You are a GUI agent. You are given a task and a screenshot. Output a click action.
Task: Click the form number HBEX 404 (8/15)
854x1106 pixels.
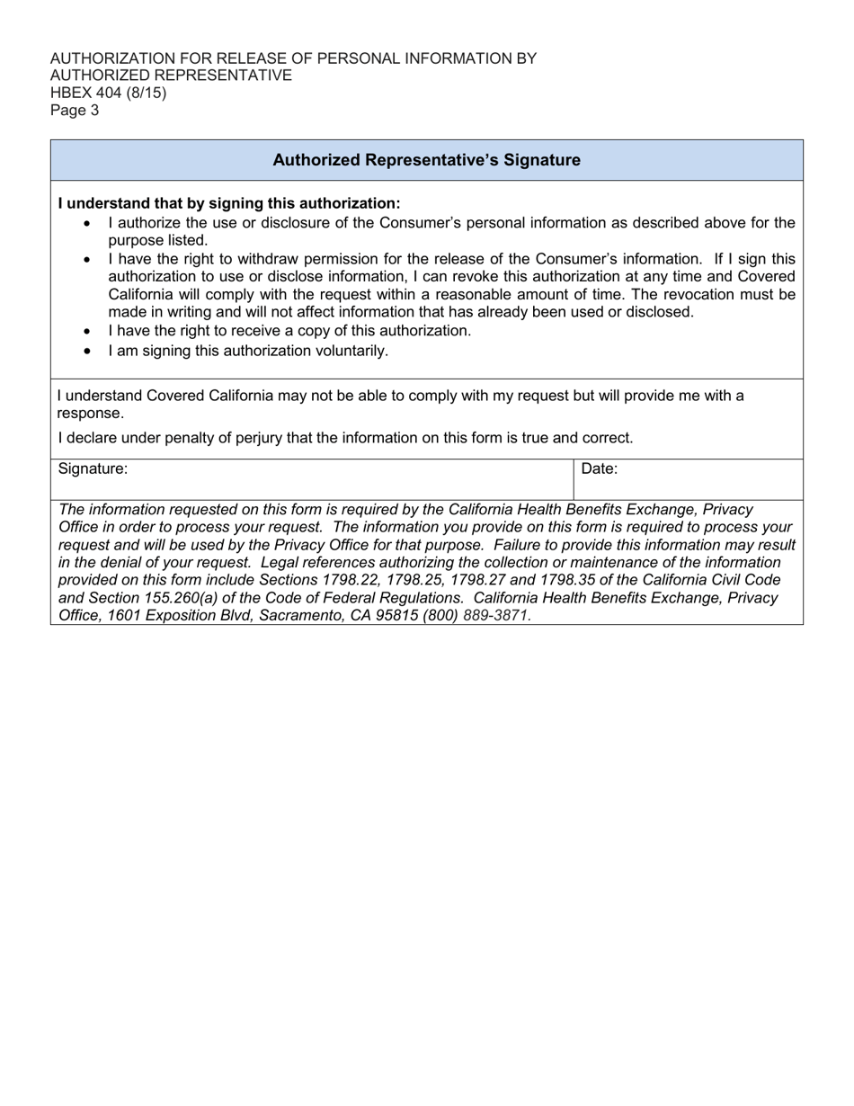pyautogui.click(x=108, y=93)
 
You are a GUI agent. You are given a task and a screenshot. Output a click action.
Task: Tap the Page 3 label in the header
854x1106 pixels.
pyautogui.click(x=75, y=111)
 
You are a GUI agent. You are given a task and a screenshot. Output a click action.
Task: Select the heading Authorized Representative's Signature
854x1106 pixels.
pyautogui.click(x=426, y=160)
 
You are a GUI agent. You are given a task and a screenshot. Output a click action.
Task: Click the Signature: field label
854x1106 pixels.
pyautogui.click(x=93, y=468)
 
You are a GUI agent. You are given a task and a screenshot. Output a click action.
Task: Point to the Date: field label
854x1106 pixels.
pyautogui.click(x=600, y=468)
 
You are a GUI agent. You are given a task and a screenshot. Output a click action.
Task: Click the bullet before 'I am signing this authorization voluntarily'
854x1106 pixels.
pyautogui.click(x=87, y=351)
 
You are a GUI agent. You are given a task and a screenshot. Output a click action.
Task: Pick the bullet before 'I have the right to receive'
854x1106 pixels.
pyautogui.click(x=87, y=331)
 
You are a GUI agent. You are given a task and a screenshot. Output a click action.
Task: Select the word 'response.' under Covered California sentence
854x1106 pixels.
pyautogui.click(x=91, y=414)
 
